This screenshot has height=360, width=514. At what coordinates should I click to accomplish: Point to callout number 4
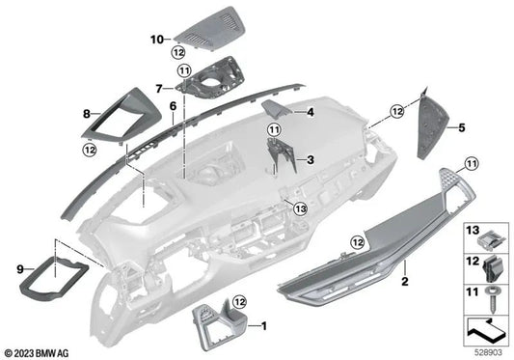(x=311, y=113)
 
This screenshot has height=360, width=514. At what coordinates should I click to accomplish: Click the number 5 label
(x=462, y=126)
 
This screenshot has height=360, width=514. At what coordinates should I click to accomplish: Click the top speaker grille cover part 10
(x=205, y=28)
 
